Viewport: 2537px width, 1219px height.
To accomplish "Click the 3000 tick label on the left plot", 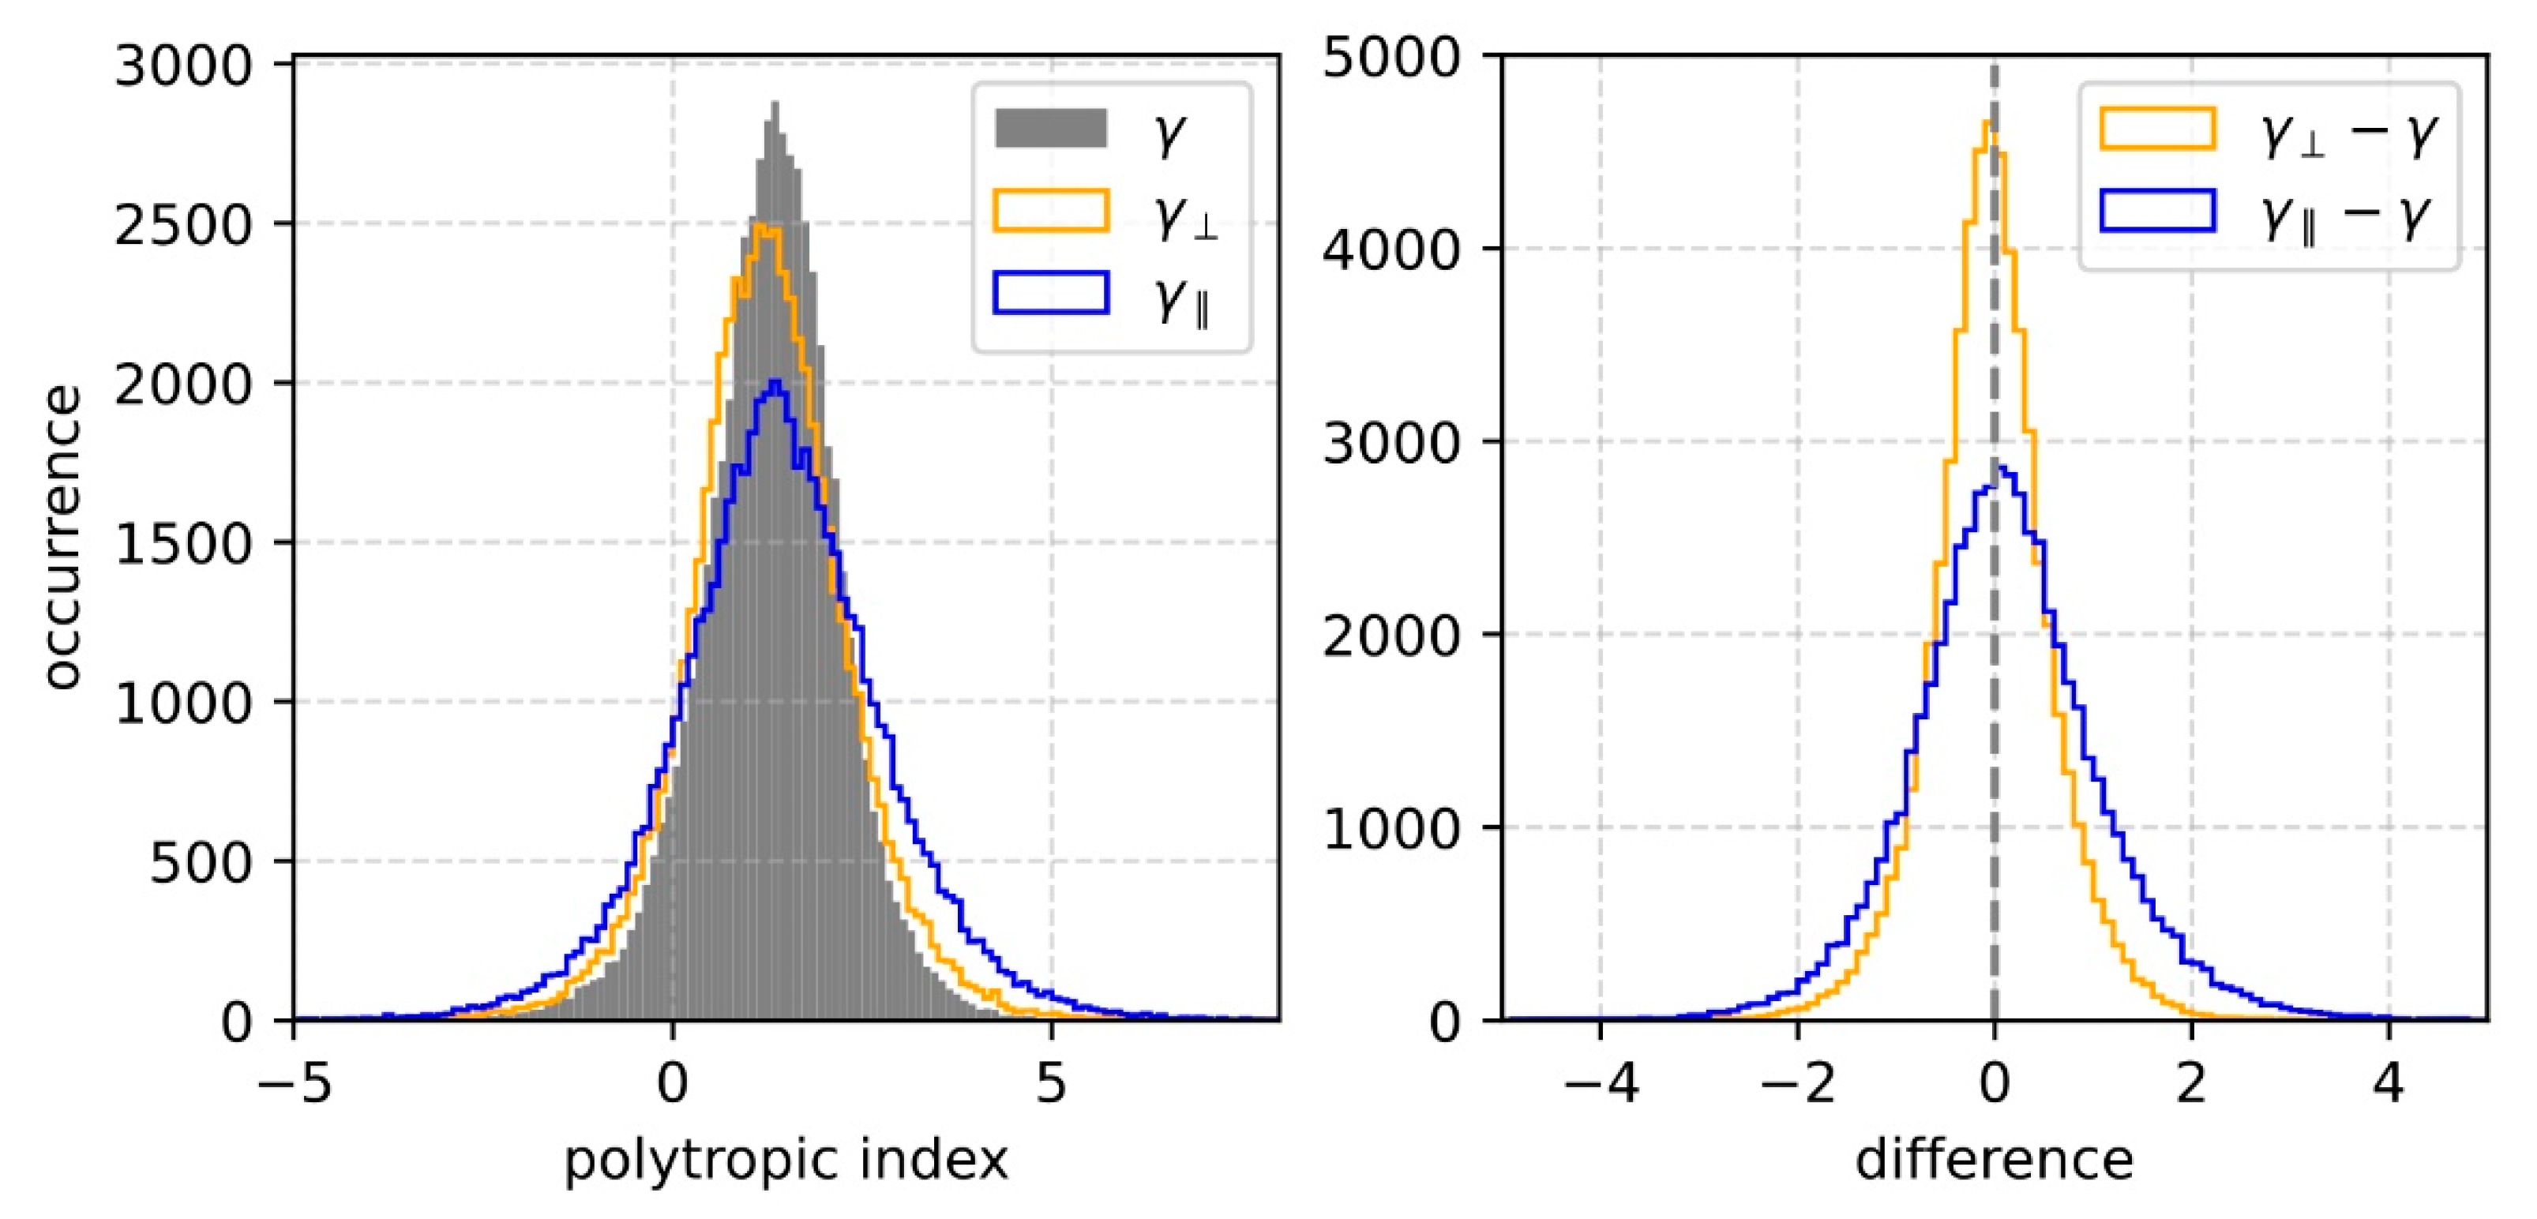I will click(183, 67).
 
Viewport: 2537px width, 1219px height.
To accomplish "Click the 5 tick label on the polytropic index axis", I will click(1052, 1083).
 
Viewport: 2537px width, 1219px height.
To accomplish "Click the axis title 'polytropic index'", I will click(786, 1160).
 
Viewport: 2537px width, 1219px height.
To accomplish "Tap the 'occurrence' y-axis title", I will click(61, 537).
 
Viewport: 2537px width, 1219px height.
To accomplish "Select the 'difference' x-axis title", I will click(1995, 1160).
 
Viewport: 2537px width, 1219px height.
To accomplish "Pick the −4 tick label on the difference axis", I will click(1600, 1083).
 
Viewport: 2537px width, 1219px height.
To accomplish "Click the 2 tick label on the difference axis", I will click(2191, 1083).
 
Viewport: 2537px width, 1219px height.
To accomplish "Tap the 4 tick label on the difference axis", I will click(2389, 1083).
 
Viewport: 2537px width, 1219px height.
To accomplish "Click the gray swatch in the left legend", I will click(1051, 129).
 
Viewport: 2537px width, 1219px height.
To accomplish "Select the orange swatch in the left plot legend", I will click(1051, 211).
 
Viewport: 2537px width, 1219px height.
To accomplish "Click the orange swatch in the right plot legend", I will click(2157, 129).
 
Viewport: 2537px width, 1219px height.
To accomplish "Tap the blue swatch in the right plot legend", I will click(2157, 211).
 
